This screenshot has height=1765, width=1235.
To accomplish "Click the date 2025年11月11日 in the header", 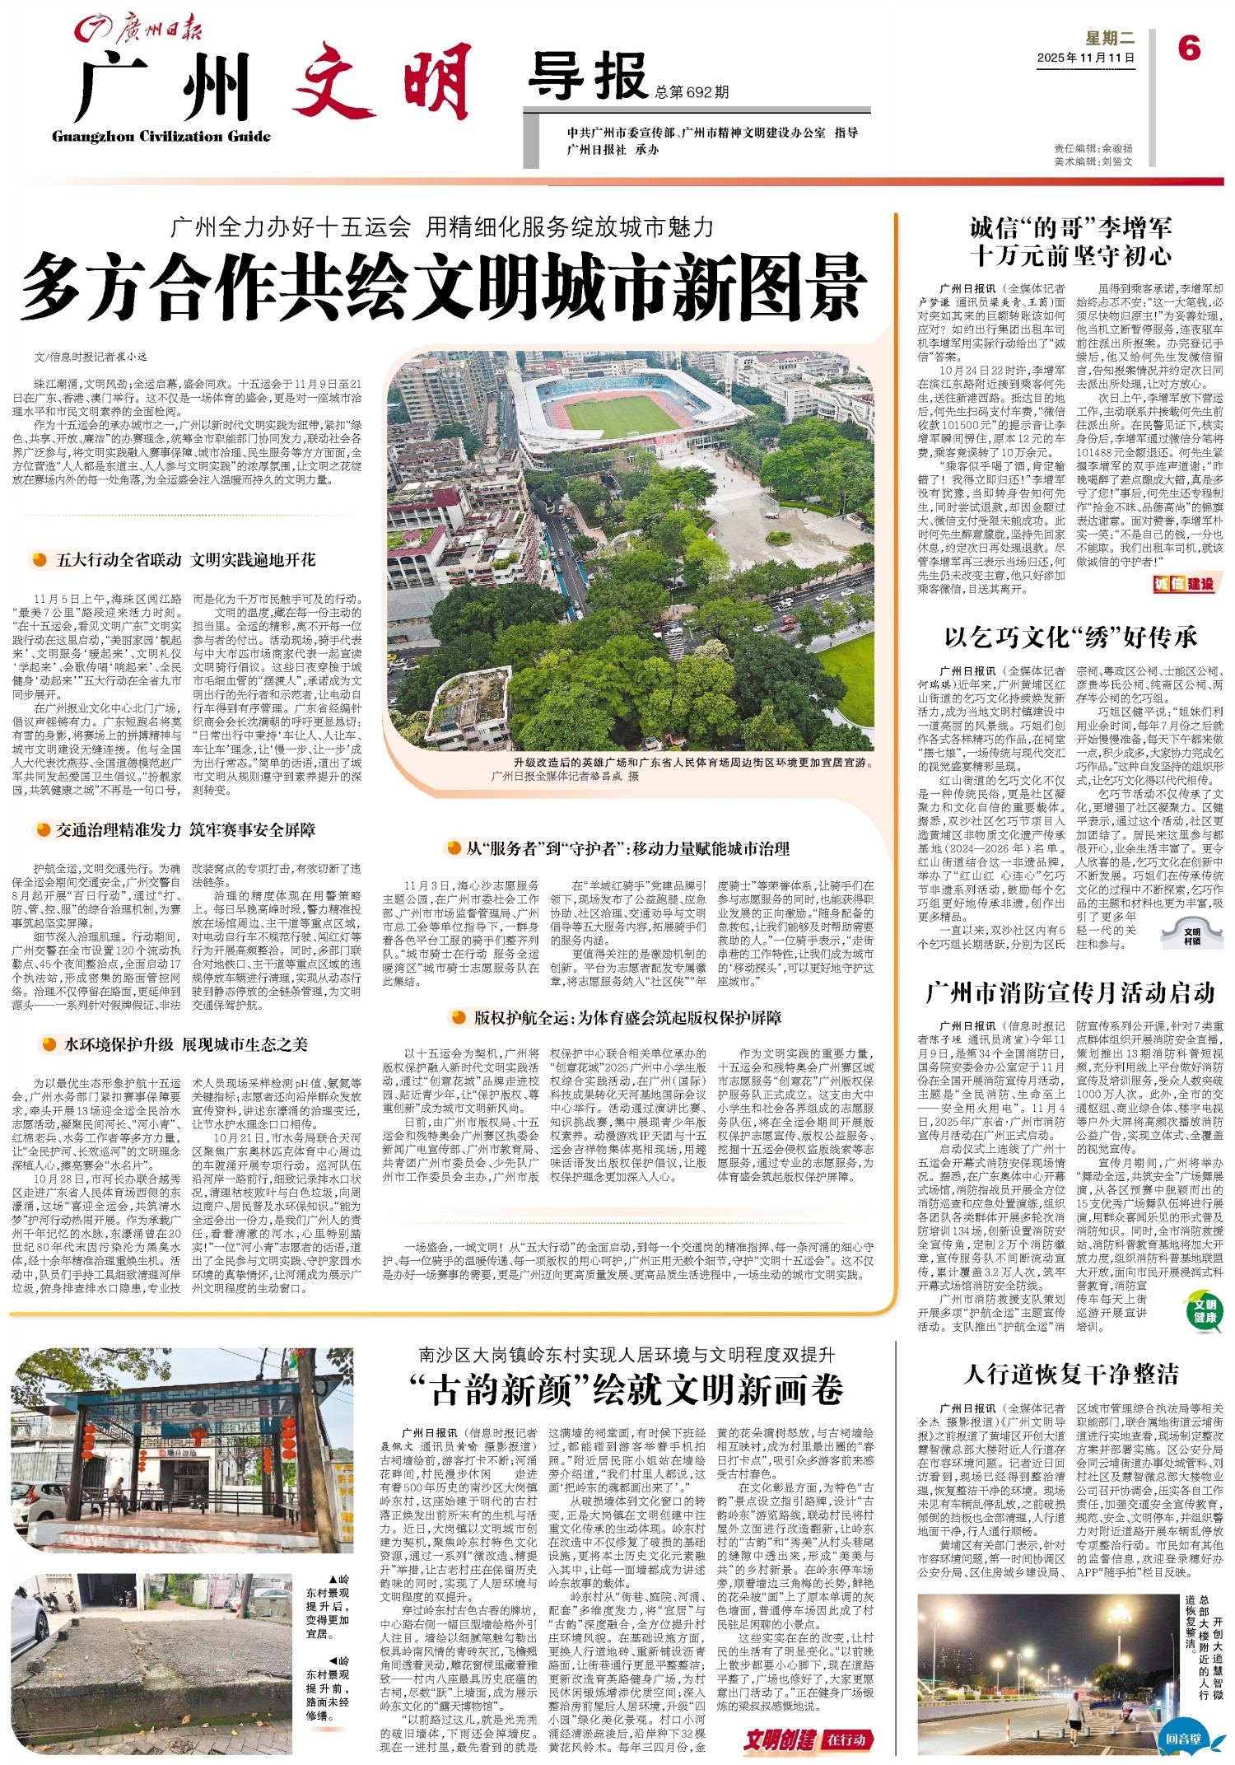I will (1085, 58).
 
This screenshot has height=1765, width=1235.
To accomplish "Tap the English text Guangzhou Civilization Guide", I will (161, 137).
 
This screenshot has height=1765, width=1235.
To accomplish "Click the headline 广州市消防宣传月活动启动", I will (1070, 992).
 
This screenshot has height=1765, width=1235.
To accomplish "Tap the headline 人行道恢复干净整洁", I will (1070, 1374).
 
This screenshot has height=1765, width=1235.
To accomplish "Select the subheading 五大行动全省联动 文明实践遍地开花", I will (184, 560).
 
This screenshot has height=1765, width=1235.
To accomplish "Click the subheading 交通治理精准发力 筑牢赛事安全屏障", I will (184, 829).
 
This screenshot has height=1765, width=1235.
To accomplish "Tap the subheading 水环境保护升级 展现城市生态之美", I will (185, 1044).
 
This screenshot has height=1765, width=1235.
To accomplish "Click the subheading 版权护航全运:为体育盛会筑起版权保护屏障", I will (627, 1017).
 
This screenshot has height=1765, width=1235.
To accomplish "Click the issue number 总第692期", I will (692, 92).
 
